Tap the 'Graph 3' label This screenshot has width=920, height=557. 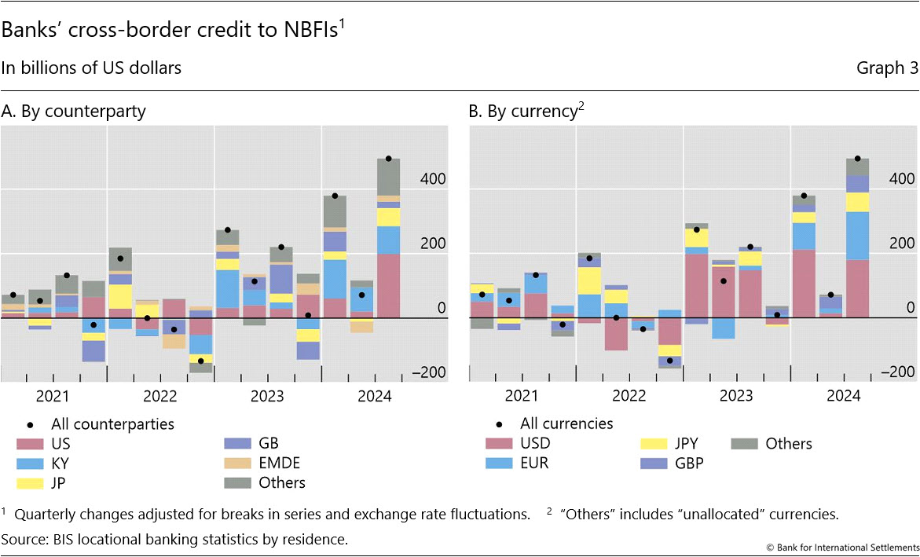(887, 68)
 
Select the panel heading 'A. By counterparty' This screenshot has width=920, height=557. (74, 112)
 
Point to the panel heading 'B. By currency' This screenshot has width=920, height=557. (523, 112)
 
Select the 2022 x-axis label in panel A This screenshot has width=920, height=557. (160, 396)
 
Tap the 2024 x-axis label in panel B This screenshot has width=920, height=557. (843, 396)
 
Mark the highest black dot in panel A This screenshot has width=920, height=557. (388, 159)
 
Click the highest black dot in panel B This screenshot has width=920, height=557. (857, 159)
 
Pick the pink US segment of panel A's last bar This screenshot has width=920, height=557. (388, 286)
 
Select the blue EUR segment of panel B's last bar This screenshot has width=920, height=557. (857, 236)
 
